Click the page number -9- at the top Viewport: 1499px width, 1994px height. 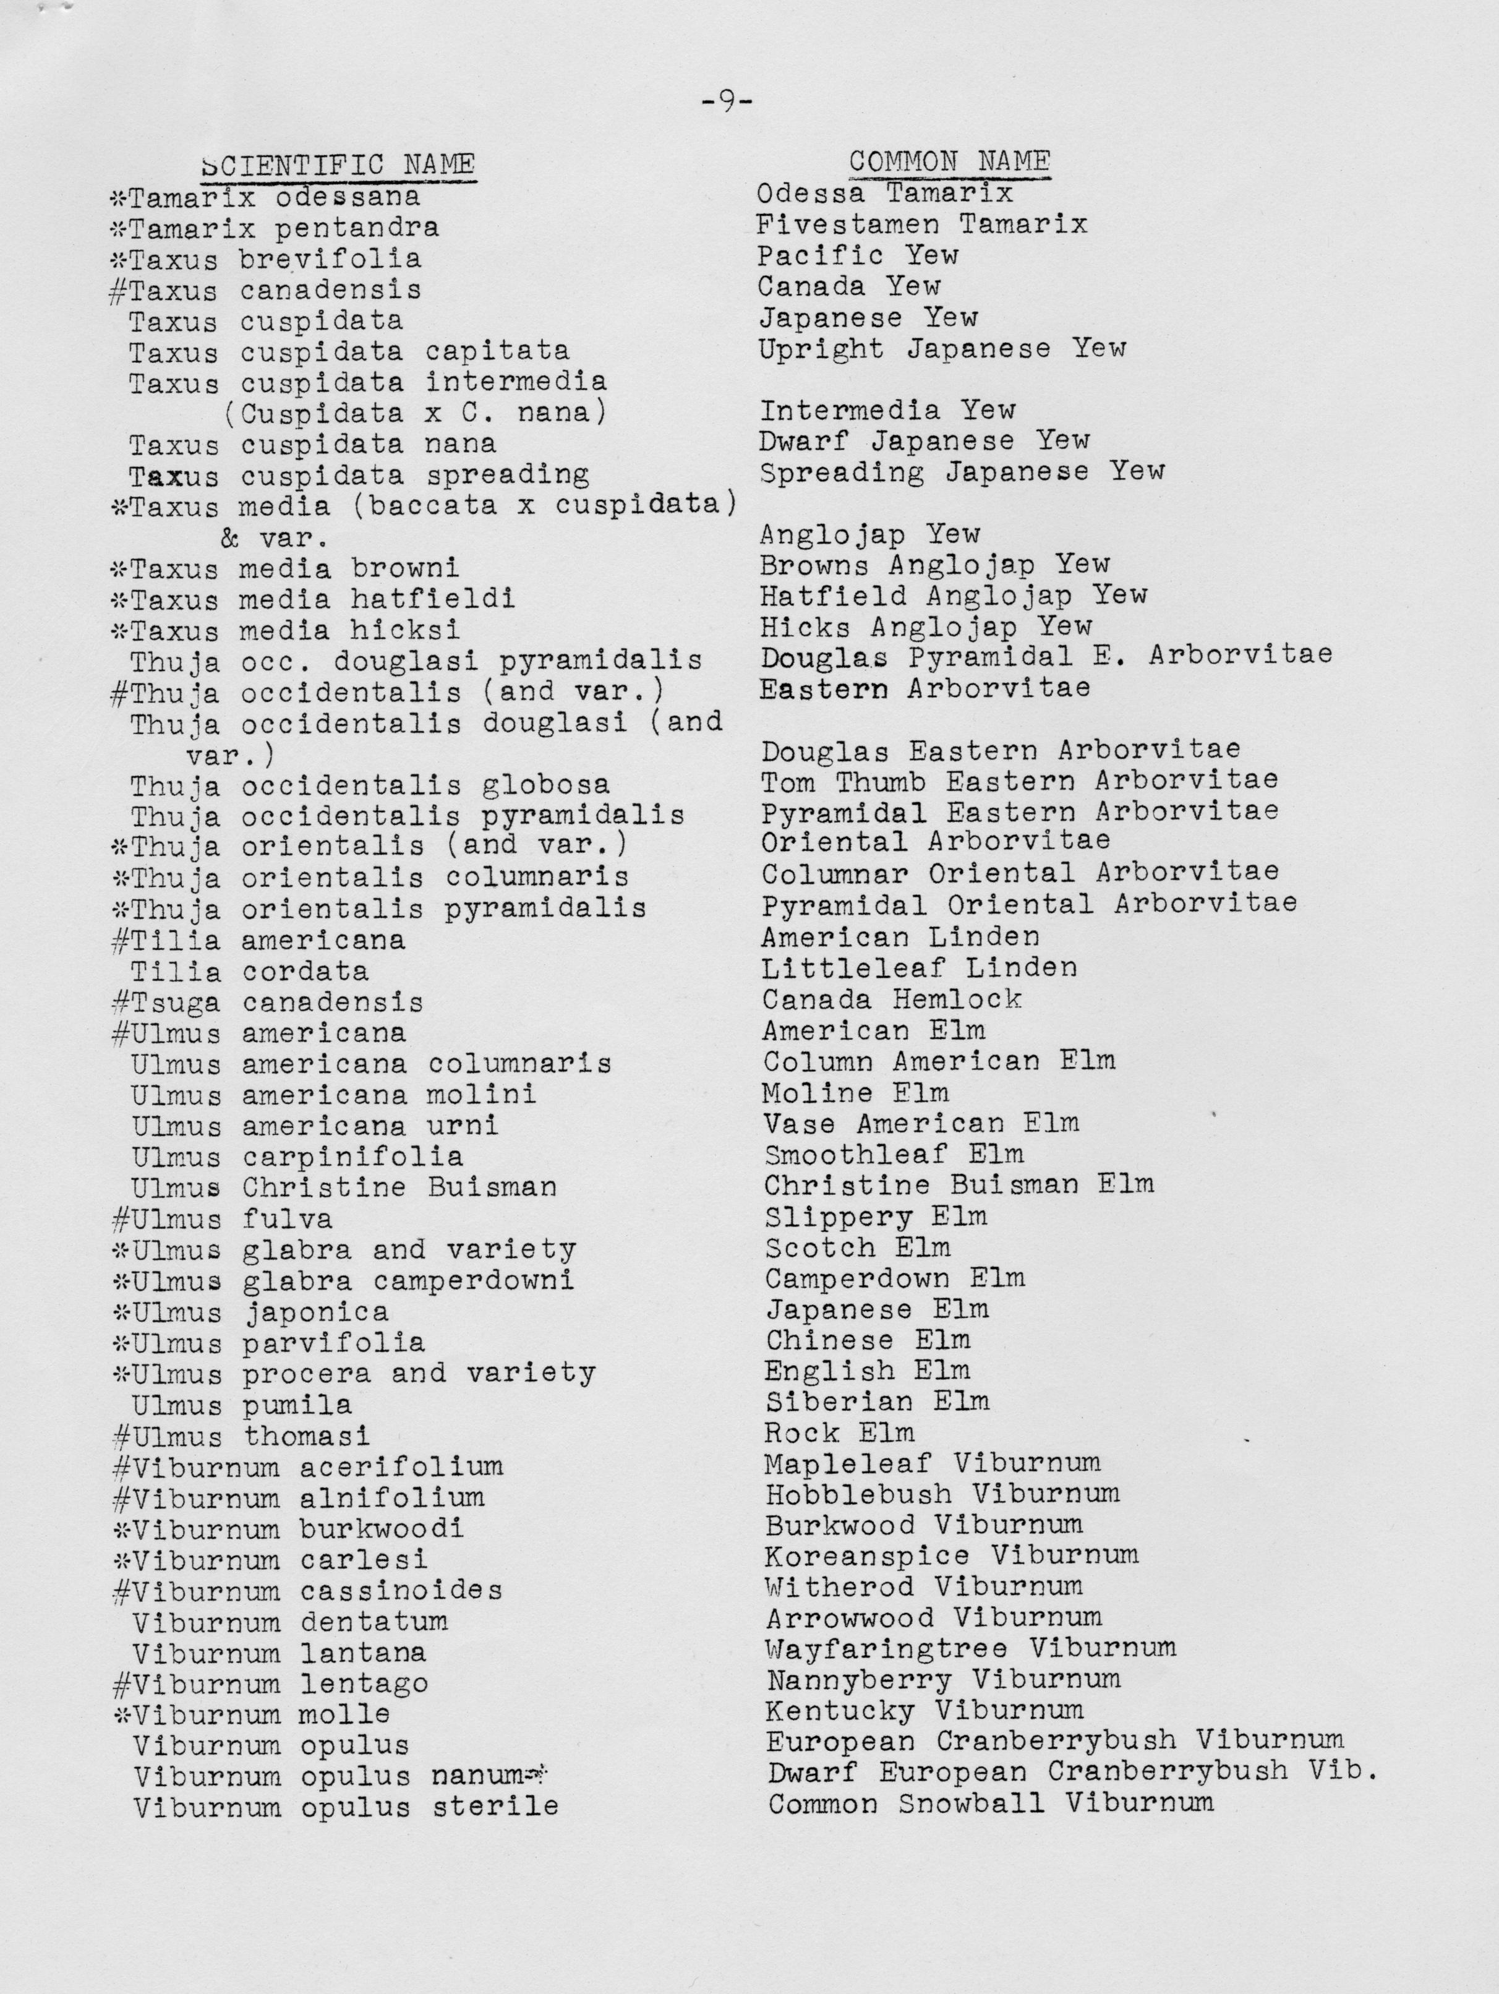coord(727,102)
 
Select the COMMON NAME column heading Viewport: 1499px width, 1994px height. coord(949,161)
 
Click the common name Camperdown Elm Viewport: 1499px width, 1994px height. coord(895,1278)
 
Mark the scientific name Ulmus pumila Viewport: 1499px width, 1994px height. coord(242,1405)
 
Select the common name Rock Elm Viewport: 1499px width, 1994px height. coord(839,1432)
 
